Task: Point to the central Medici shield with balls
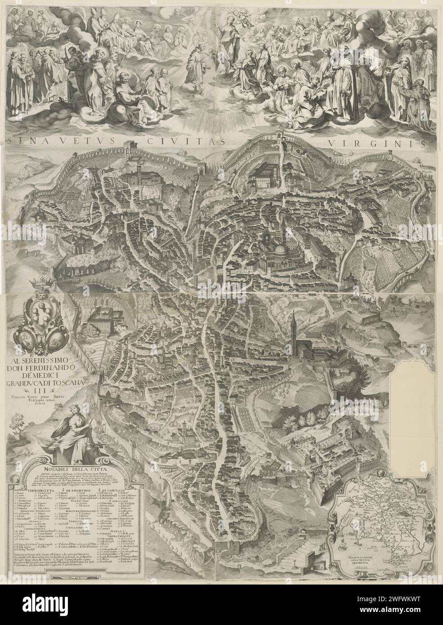tap(36, 310)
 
